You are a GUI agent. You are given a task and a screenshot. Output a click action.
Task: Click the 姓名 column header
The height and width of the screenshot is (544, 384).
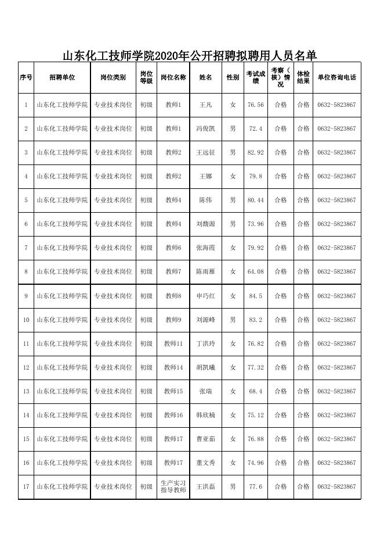coord(206,77)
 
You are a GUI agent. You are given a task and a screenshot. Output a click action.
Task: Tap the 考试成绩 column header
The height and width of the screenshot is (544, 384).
coord(256,77)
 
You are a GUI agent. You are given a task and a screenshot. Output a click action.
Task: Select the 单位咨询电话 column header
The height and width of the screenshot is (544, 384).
coord(336,77)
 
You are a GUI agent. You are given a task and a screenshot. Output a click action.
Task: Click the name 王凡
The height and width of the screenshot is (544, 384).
coord(206,105)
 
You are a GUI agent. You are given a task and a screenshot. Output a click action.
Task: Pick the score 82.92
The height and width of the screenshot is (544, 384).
coord(256,153)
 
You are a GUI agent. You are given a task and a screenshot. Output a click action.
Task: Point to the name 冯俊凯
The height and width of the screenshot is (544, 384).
coord(206,129)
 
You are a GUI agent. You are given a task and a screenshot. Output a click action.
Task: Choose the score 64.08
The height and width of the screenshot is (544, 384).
coord(256,272)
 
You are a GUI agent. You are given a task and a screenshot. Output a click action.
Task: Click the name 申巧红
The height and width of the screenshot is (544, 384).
coord(206,296)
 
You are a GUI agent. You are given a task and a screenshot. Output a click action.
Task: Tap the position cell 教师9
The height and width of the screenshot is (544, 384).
coord(173,320)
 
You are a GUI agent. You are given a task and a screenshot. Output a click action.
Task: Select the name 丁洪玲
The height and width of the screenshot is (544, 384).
coord(206,344)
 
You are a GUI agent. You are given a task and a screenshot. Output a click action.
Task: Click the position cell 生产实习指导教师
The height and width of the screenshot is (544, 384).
coord(173,486)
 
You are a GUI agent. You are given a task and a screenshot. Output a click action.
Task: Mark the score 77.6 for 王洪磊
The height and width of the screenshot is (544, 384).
coord(256,486)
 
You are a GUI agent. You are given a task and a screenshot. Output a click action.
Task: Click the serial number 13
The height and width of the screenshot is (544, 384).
coord(26,392)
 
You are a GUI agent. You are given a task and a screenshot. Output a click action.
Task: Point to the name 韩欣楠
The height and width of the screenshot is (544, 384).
coord(206,416)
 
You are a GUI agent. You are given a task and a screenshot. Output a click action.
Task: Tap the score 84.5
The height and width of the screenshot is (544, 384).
coord(256,296)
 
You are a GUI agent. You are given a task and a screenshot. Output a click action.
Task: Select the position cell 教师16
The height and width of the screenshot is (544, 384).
coord(173,416)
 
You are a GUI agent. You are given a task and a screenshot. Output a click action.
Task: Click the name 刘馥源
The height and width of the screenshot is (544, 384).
coord(206,224)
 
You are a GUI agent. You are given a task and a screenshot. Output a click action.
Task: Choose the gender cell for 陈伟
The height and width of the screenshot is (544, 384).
coord(233,201)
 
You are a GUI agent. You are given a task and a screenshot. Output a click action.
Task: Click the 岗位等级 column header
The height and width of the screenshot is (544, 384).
coord(146,77)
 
